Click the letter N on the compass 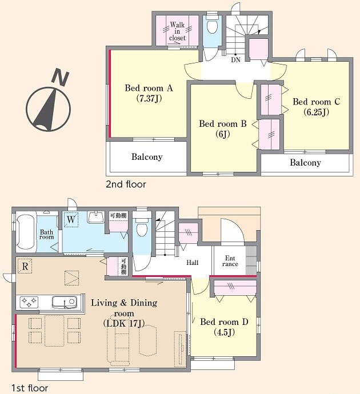60,76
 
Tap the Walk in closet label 178,31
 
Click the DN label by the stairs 235,60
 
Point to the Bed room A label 149,88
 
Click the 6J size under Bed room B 223,135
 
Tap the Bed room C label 316,102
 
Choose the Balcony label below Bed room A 147,157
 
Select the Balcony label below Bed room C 305,163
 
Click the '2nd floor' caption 126,184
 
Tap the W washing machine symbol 71,220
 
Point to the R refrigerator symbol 25,266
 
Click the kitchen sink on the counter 65,302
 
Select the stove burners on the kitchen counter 29,302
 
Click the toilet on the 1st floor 142,227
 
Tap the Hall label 193,263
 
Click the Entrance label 230,261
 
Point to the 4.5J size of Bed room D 224,333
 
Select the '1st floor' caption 30,388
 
